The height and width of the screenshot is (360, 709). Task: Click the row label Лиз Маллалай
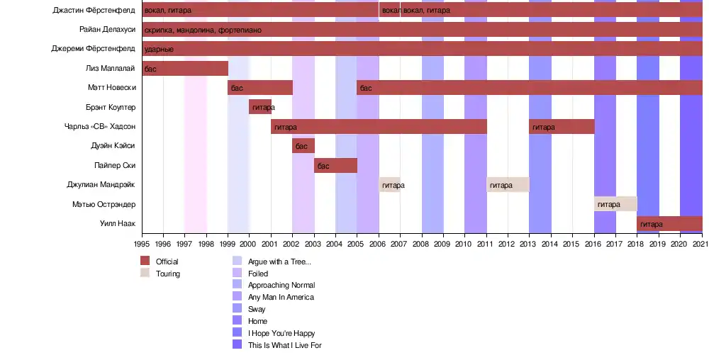click(110, 69)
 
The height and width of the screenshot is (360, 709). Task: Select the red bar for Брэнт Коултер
click(260, 107)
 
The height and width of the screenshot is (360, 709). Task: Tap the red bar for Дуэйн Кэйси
click(303, 146)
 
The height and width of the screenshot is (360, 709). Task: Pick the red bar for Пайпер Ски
click(336, 165)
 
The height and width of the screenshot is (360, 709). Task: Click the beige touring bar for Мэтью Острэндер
click(615, 204)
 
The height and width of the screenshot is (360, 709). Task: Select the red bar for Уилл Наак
click(669, 224)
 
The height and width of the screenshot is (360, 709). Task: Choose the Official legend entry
click(167, 261)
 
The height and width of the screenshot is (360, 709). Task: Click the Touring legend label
click(168, 274)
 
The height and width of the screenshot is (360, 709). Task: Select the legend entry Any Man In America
click(281, 297)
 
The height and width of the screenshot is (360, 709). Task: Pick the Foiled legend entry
click(258, 274)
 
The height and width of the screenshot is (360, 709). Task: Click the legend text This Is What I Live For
click(285, 345)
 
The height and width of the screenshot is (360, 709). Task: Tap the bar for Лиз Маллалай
click(185, 69)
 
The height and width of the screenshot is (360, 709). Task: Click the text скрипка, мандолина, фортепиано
click(203, 30)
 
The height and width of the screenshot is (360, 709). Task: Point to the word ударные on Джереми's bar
click(159, 50)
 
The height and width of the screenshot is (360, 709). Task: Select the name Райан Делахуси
click(107, 30)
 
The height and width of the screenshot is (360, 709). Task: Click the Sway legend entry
click(257, 309)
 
